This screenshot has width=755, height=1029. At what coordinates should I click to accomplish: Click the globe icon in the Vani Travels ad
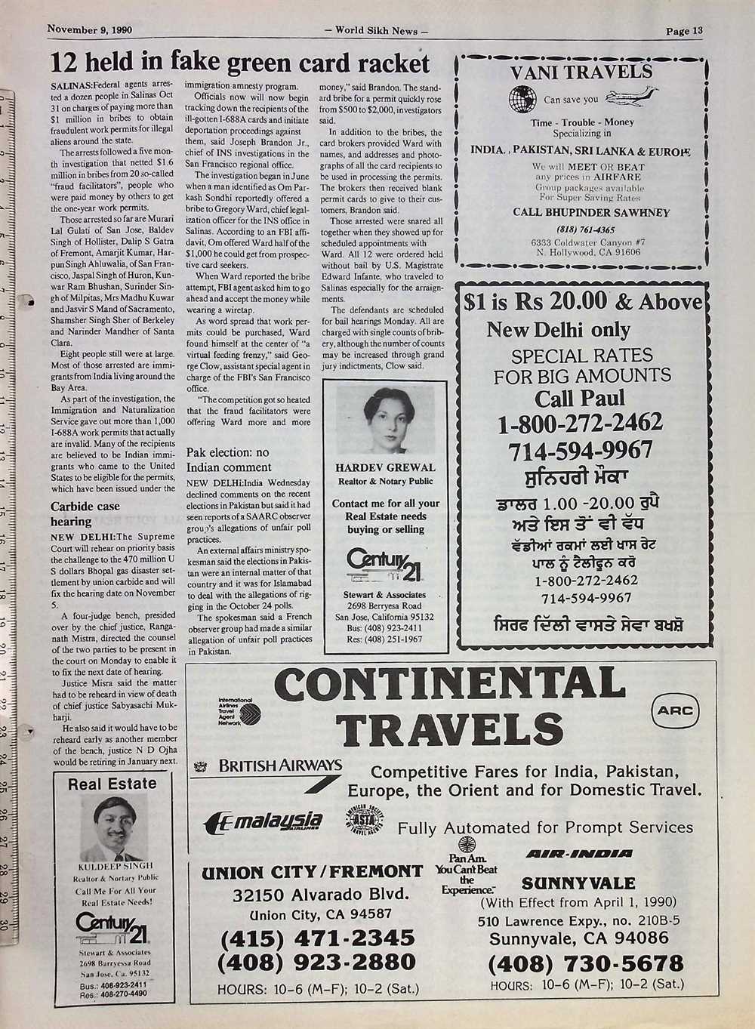522,98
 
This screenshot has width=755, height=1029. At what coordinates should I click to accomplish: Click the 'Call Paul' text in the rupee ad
580,398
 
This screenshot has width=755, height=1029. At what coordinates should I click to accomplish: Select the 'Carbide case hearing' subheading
85,513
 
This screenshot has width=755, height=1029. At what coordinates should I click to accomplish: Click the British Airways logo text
279,766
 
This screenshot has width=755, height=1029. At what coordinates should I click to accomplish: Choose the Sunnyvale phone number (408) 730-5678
585,963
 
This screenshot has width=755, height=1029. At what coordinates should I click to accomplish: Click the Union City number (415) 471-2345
316,938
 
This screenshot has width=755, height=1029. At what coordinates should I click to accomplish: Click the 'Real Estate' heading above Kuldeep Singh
112,784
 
